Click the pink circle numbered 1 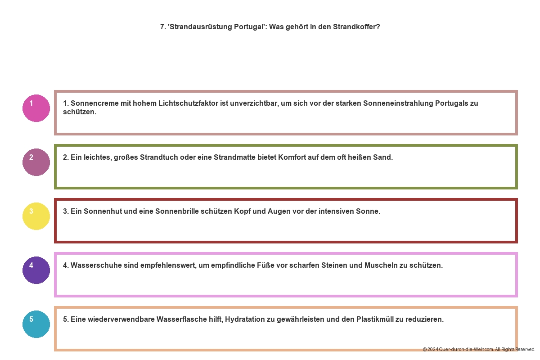point(36,108)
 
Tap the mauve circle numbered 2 point(36,162)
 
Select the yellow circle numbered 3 point(36,216)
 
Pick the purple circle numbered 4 point(36,270)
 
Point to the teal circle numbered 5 point(36,324)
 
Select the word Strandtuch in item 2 point(158,157)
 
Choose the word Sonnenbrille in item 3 point(176,211)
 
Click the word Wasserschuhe point(93,265)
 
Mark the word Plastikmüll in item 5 point(375,319)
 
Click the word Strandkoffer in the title point(358,27)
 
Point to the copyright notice point(479,349)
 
